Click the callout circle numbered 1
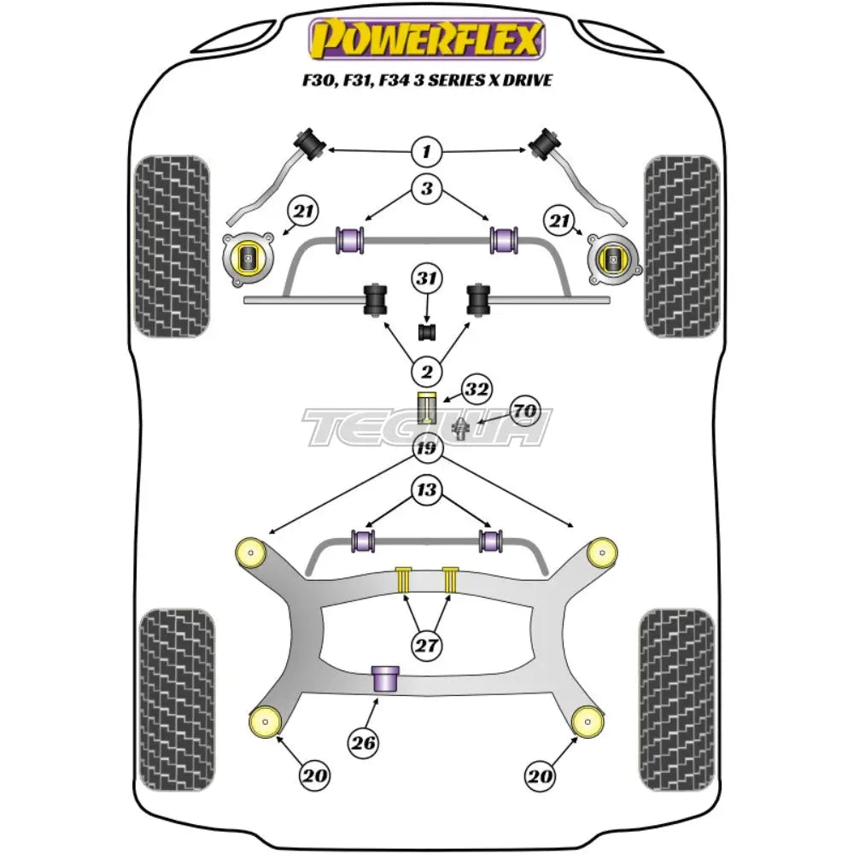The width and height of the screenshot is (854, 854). [x=426, y=153]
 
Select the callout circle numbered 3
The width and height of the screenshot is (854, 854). [x=426, y=190]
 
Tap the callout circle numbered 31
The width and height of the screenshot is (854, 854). [x=426, y=278]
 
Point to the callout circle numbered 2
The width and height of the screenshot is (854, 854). [x=426, y=371]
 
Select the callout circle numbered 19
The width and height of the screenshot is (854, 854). [x=426, y=447]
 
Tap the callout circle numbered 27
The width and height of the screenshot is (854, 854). [x=426, y=646]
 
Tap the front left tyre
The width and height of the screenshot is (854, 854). [x=172, y=246]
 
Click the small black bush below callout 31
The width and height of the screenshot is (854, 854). [x=426, y=330]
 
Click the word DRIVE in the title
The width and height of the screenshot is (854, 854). [x=525, y=80]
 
